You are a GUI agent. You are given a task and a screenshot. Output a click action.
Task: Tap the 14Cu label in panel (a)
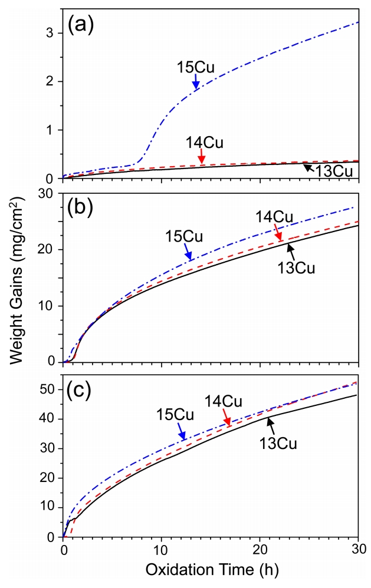(201, 142)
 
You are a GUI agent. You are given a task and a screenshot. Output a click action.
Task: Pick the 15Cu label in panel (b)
(185, 237)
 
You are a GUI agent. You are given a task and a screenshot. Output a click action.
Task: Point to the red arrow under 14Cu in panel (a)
(202, 157)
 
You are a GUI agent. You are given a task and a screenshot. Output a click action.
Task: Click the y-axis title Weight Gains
(21, 295)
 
